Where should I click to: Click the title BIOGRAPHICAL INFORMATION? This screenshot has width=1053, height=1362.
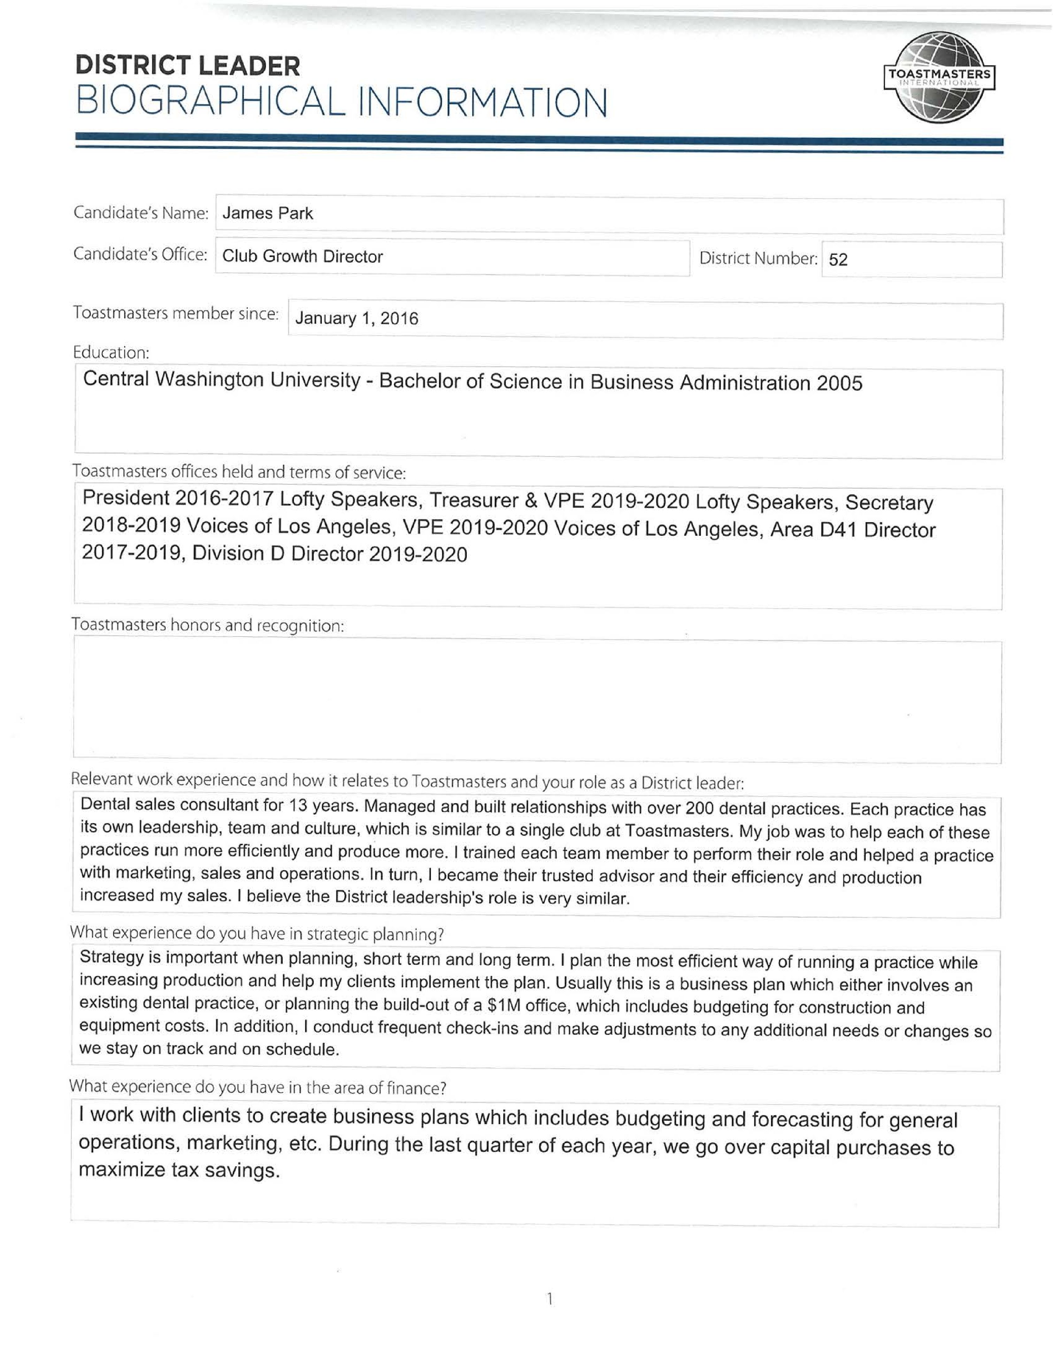[x=341, y=102]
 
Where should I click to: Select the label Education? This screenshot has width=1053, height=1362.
[x=111, y=353]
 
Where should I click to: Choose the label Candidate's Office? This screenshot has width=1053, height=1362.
[x=140, y=255]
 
